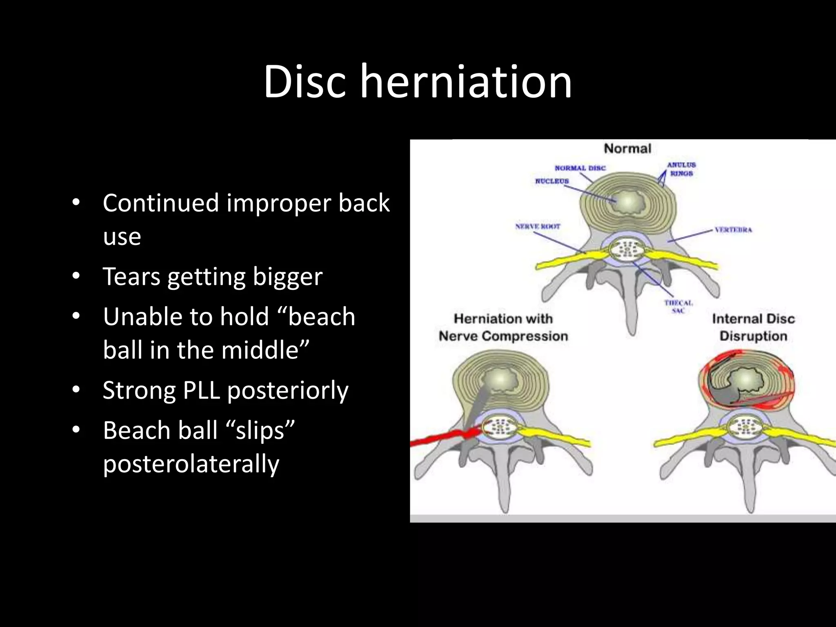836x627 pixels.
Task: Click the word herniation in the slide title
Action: [466, 82]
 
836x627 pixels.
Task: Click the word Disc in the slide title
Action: [305, 82]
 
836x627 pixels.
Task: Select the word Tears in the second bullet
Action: [131, 277]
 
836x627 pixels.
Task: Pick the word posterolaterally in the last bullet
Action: [191, 464]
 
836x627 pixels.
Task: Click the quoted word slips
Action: [260, 430]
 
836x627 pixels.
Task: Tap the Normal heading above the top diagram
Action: [627, 149]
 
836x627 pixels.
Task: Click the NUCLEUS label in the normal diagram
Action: [552, 181]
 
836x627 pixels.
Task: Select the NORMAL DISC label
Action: [580, 168]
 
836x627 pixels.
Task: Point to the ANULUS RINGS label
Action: [681, 169]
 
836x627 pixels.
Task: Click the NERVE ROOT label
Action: [538, 226]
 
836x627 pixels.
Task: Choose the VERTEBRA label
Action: [733, 230]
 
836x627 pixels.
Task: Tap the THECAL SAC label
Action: [678, 307]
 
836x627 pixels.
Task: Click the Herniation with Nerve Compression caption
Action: [503, 327]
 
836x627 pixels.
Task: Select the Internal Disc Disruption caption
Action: [753, 327]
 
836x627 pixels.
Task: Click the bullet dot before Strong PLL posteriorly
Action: [76, 390]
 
